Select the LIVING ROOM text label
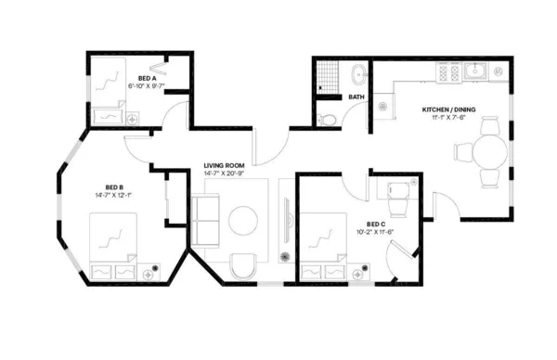click(223, 166)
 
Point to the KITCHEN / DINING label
click(447, 109)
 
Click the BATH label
click(356, 96)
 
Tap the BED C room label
click(376, 224)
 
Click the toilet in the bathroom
click(326, 118)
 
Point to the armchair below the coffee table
click(243, 265)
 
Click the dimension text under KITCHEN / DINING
click(446, 117)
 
